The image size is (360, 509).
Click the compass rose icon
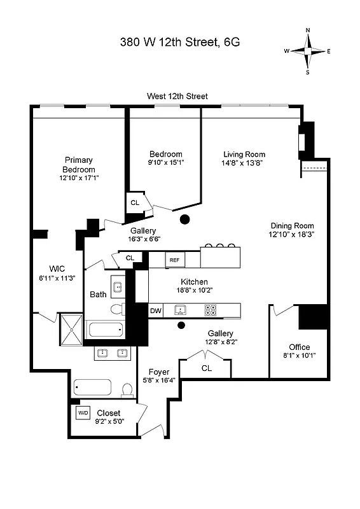[x=307, y=51]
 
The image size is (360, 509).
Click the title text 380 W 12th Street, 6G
[x=180, y=43]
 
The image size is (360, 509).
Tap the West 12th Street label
[x=177, y=96]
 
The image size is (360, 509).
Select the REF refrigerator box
[x=174, y=260]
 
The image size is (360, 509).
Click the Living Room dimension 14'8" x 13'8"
[x=244, y=163]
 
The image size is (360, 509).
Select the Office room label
[x=299, y=347]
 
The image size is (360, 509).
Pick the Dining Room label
[x=292, y=225]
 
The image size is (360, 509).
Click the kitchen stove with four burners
[x=211, y=310]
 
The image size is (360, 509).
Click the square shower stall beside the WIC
[x=71, y=329]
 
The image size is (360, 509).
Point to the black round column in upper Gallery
[x=185, y=220]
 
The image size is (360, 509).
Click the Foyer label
[x=158, y=372]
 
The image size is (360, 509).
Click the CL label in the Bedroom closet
[x=134, y=202]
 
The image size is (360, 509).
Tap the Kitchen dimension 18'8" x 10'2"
[x=194, y=290]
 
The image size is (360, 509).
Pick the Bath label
[x=98, y=295]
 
